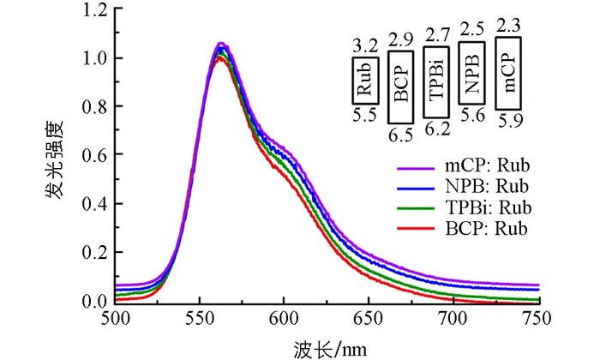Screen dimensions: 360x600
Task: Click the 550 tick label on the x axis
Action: point(199,319)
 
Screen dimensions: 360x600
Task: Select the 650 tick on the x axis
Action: point(368,319)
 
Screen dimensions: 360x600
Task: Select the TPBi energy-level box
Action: point(435,83)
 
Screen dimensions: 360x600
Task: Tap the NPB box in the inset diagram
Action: point(472,75)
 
